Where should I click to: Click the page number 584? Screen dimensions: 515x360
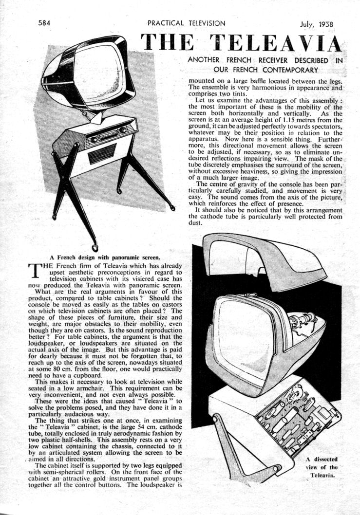point(45,22)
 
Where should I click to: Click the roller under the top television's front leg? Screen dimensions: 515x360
point(95,247)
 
